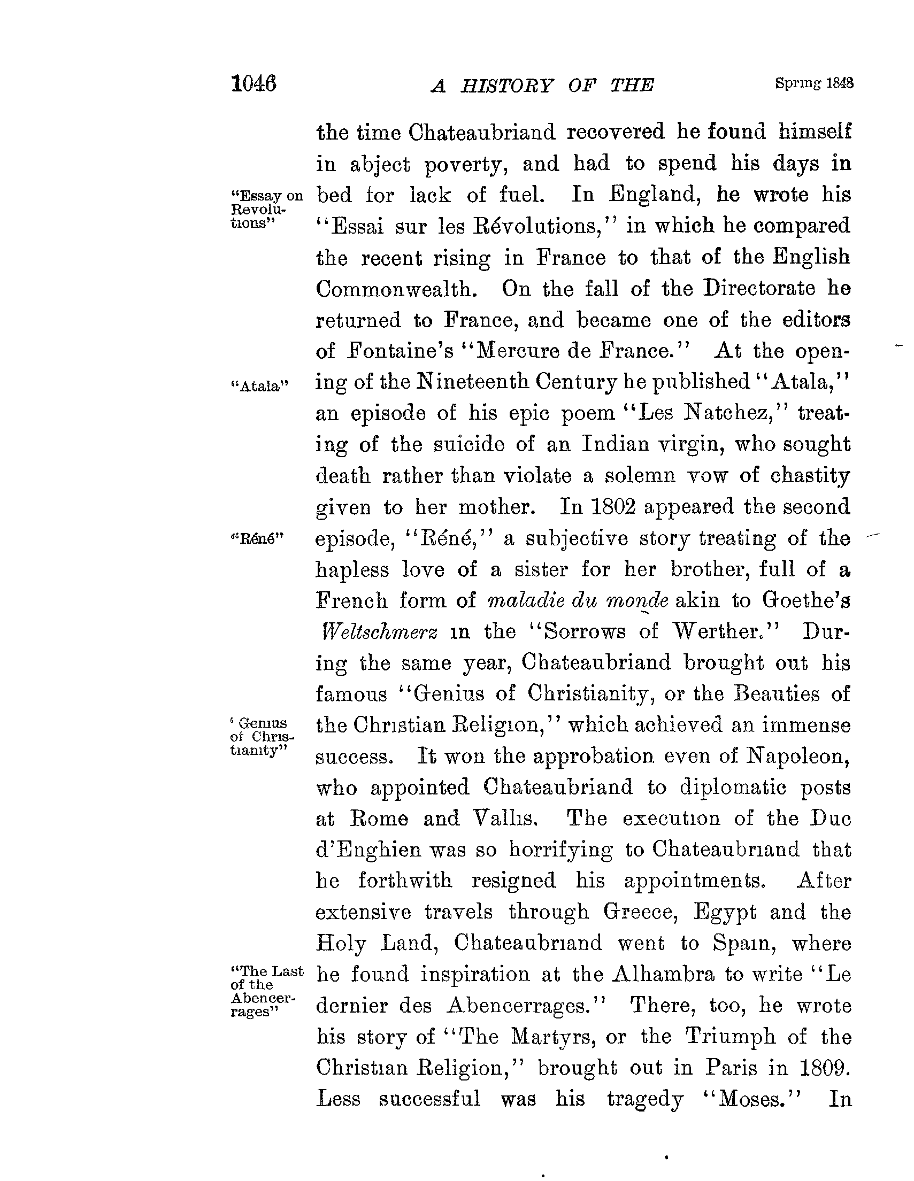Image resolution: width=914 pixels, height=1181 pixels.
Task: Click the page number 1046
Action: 254,84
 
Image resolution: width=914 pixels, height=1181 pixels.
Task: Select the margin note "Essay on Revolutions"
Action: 265,209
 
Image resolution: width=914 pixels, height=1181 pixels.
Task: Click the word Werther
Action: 724,631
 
